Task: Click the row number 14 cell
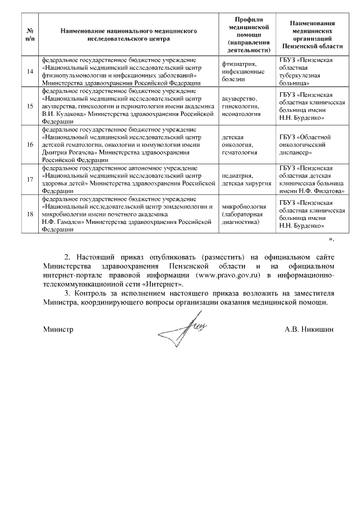(30, 71)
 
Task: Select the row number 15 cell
(30, 106)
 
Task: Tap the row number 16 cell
(30, 144)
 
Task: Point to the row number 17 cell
(30, 179)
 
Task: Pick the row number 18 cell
(30, 214)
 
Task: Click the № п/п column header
(30, 35)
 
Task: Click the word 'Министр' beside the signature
(58, 330)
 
